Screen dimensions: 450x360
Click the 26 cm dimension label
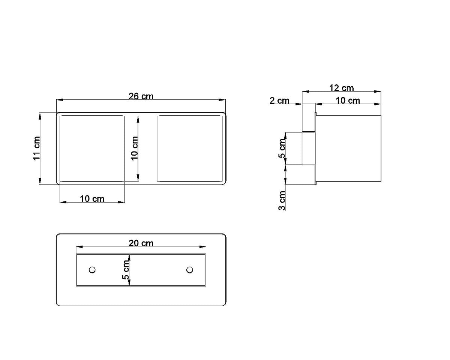[141, 96]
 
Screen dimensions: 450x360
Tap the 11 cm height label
[37, 148]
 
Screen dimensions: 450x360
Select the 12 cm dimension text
[342, 88]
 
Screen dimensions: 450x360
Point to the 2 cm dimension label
[279, 100]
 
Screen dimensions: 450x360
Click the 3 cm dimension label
[282, 201]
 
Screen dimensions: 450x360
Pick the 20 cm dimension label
[141, 243]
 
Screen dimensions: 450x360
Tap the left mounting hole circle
[92, 270]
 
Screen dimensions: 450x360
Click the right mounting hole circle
[190, 270]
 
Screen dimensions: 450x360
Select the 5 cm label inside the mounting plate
[126, 270]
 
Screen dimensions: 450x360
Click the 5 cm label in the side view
[282, 148]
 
